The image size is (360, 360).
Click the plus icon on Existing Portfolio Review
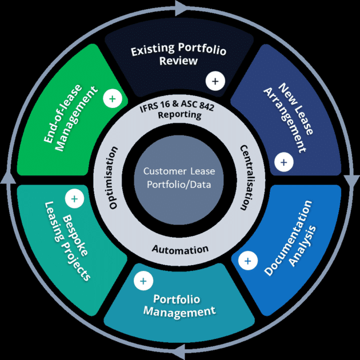[x=215, y=81]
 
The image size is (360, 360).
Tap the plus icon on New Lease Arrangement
[x=283, y=162]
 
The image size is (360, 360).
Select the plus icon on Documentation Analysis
[x=247, y=261]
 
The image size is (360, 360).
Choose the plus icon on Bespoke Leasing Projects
[x=74, y=199]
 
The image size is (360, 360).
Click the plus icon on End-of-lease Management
[x=112, y=99]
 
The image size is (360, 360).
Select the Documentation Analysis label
[x=293, y=238]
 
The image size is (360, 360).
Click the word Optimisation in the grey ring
[x=113, y=178]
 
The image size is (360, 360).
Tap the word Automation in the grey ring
[x=180, y=249]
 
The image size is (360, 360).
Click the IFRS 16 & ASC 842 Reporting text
[x=179, y=110]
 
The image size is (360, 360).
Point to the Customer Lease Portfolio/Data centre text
[x=179, y=178]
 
